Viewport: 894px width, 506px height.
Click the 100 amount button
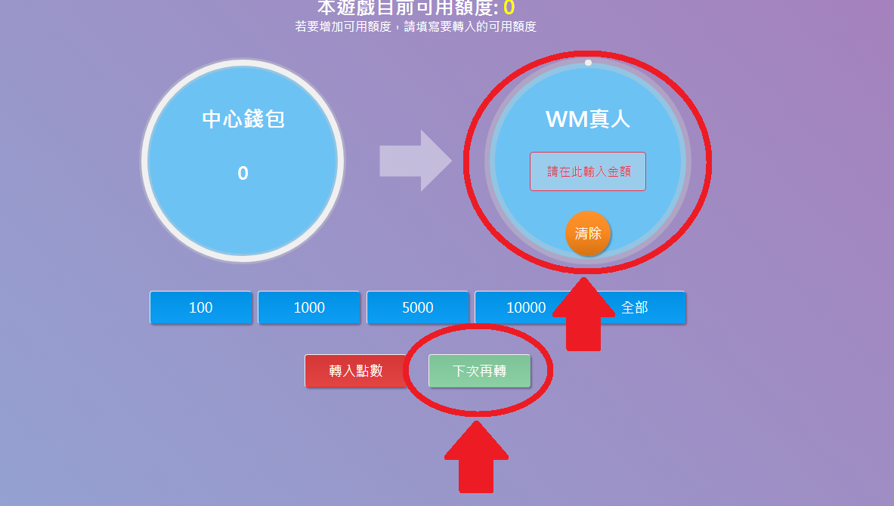point(201,307)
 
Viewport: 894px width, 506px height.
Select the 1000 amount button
point(309,307)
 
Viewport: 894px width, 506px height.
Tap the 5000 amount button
point(418,307)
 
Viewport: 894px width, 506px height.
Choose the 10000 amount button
point(521,307)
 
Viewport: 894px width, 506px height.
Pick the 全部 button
point(642,307)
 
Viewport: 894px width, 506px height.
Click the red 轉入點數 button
point(356,371)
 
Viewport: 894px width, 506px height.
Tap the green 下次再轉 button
point(479,371)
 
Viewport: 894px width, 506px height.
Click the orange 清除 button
point(588,233)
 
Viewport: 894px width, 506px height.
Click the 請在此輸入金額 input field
point(588,171)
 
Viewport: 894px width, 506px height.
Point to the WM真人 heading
point(588,119)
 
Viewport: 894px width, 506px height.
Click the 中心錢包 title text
point(243,119)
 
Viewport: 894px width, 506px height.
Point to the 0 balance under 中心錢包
point(243,173)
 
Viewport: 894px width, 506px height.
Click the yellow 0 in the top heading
point(509,8)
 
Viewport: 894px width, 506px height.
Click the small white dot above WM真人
point(588,63)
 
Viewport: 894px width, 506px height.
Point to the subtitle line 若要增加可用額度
point(416,26)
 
